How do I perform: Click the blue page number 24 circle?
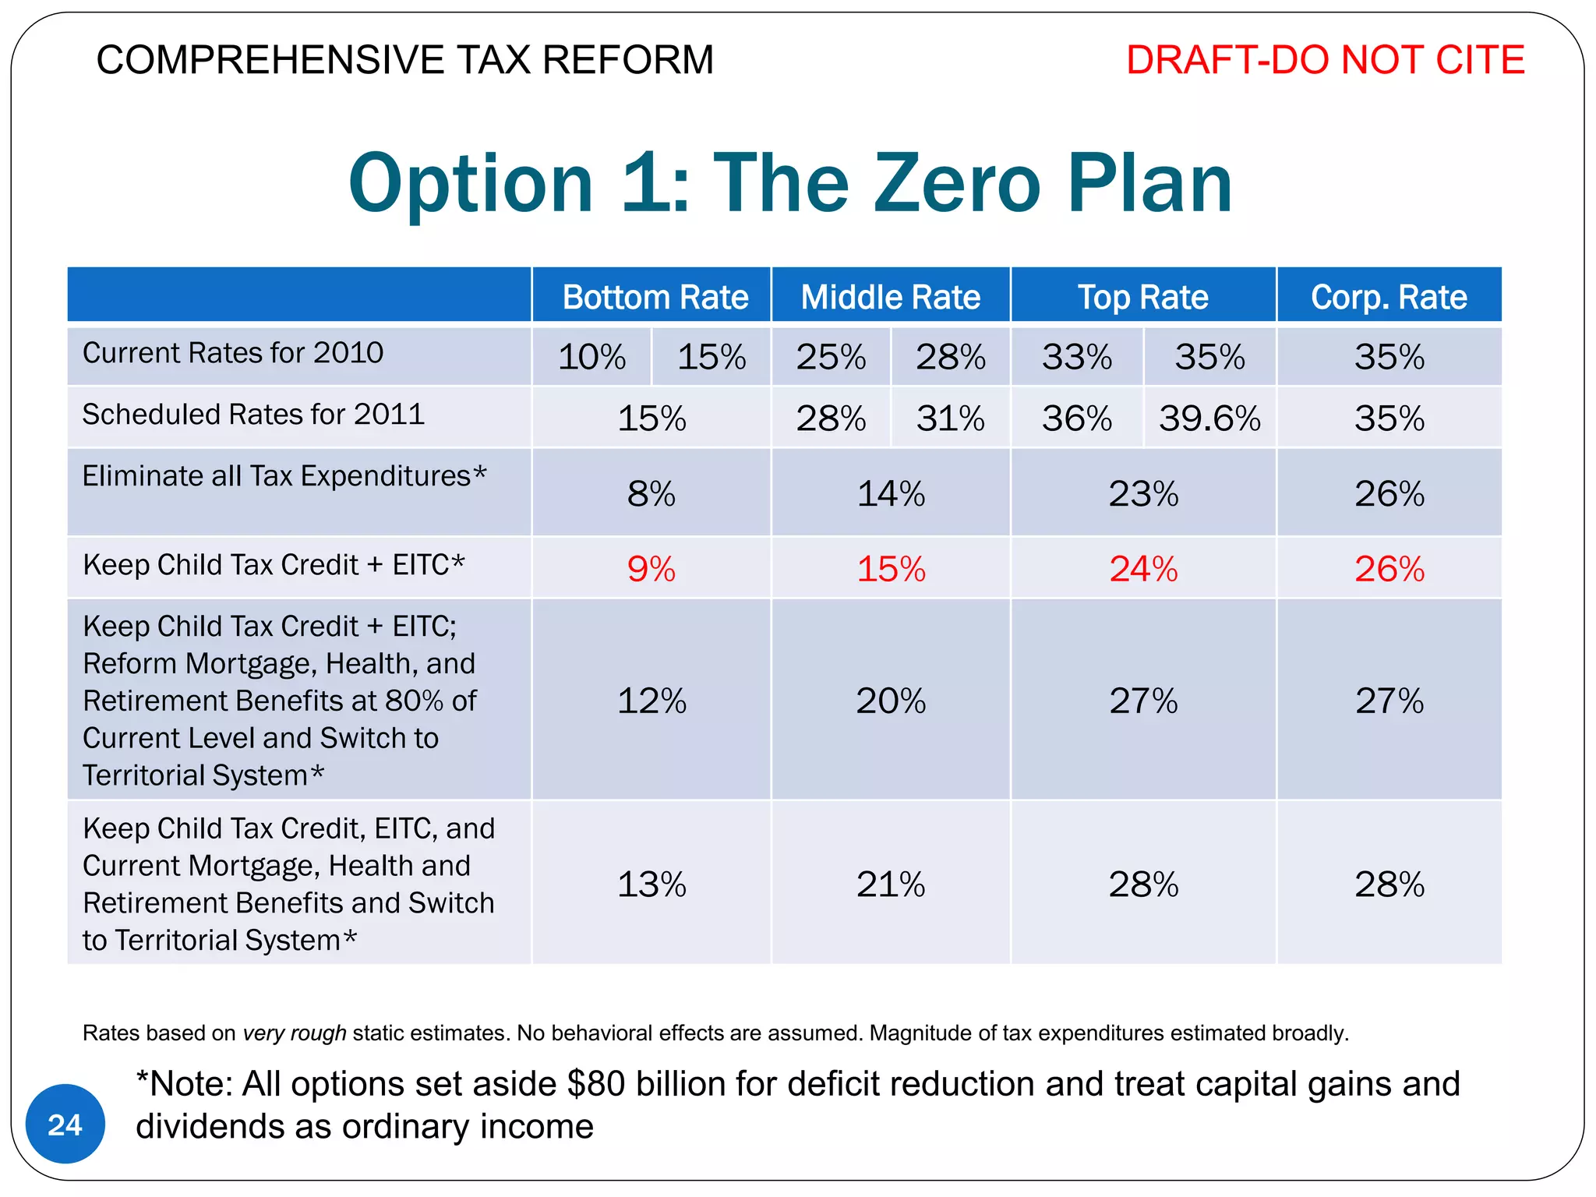(65, 1124)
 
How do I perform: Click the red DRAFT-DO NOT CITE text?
(1325, 60)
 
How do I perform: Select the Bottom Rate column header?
(655, 297)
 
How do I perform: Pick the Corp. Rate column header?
(1389, 297)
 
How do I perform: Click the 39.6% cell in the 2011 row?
(1209, 418)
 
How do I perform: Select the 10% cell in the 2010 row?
(591, 357)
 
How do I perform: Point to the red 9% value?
(651, 569)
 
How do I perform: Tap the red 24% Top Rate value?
(1143, 569)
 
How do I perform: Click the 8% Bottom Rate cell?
(651, 493)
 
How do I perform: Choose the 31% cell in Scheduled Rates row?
(950, 418)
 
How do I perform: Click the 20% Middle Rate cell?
(891, 701)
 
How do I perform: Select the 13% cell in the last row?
(651, 885)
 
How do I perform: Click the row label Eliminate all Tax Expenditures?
(284, 476)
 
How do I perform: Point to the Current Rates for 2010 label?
(232, 353)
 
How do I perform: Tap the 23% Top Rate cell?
(1143, 493)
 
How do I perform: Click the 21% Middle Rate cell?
(891, 885)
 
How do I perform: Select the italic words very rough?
(294, 1033)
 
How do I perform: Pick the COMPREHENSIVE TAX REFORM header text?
(404, 60)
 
